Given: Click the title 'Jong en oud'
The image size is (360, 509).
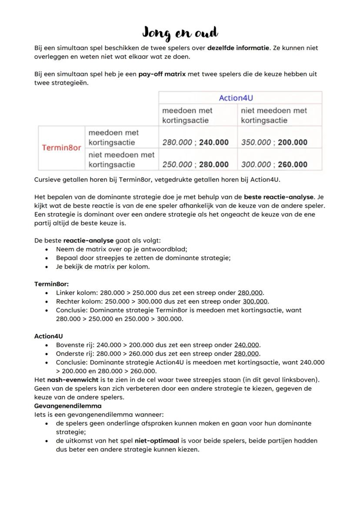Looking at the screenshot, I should pyautogui.click(x=180, y=33).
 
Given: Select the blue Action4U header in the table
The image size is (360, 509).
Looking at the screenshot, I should pyautogui.click(x=236, y=98).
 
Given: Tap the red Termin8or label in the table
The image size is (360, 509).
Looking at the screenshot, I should pyautogui.click(x=61, y=148).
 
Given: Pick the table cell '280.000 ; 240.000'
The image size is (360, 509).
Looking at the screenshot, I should pyautogui.click(x=195, y=143).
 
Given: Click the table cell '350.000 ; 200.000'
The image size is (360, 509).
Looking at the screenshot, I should pyautogui.click(x=274, y=143).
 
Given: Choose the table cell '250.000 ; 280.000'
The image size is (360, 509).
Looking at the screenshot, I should pyautogui.click(x=195, y=164).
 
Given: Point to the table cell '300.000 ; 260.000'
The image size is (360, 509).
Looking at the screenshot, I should pyautogui.click(x=274, y=164).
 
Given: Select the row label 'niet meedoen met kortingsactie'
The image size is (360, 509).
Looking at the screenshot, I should pyautogui.click(x=121, y=160).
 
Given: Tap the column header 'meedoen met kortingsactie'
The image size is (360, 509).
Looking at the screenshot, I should pyautogui.click(x=188, y=115).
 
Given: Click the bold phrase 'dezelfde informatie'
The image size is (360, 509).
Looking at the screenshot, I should pyautogui.click(x=238, y=48).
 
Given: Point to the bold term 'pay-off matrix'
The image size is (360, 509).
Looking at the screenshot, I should pyautogui.click(x=162, y=74).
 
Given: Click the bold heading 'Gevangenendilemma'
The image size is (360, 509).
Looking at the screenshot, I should pyautogui.click(x=67, y=406).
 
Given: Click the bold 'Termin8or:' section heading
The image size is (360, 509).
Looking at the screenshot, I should pyautogui.click(x=52, y=284).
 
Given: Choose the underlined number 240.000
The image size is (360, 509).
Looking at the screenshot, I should pyautogui.click(x=247, y=345).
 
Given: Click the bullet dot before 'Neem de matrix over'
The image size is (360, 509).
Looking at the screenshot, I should pyautogui.click(x=47, y=249).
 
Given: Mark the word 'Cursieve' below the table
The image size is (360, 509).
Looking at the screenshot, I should pyautogui.click(x=48, y=180).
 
